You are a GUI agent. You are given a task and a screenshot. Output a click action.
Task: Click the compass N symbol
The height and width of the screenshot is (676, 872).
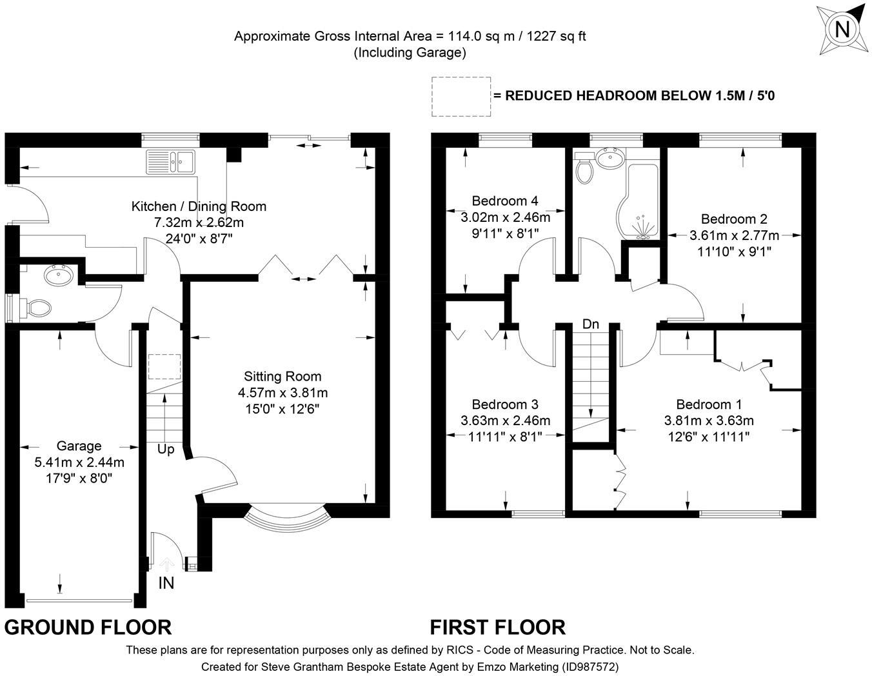841,30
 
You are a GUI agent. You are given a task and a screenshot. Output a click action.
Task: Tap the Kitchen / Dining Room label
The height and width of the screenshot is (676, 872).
199,206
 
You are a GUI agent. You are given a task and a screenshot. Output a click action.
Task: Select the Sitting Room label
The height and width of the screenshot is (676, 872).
282,376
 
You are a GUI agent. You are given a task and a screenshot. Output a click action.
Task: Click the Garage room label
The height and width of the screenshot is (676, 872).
79,446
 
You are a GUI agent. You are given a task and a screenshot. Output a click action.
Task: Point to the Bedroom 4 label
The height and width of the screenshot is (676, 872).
505,201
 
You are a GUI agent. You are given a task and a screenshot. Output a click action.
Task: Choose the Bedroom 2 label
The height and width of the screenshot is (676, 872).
734,219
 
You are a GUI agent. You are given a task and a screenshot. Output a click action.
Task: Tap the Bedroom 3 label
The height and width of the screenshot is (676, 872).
505,404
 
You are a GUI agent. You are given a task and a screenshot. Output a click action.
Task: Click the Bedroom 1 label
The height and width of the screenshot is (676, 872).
709,404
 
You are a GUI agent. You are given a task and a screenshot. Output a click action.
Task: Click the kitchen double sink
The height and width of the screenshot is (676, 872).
170,161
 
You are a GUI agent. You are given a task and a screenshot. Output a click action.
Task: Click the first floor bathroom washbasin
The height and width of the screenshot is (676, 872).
609,156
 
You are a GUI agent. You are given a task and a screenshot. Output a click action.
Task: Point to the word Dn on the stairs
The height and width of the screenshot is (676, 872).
591,324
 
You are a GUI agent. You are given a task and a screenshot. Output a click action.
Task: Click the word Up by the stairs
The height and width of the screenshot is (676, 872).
166,450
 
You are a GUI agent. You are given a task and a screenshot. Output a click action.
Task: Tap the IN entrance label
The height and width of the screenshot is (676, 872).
166,583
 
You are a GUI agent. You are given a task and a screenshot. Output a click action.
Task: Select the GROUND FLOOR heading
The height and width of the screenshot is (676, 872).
88,627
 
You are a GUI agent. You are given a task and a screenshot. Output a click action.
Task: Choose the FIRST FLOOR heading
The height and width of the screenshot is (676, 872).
497,627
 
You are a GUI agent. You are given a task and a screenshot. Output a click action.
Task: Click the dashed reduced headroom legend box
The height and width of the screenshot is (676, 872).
461,97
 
